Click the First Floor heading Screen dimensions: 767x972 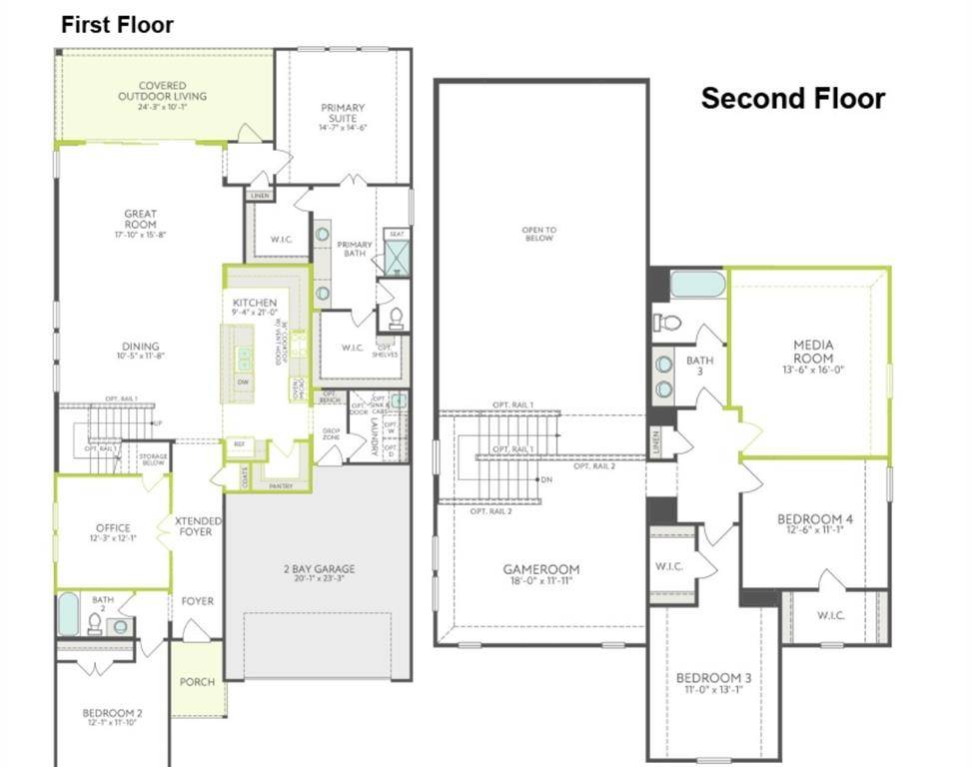point(117,25)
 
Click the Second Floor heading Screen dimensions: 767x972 point(792,99)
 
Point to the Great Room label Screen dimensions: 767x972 point(140,219)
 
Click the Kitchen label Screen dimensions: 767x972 point(255,303)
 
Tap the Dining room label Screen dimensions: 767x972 point(139,349)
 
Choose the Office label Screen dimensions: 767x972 point(113,528)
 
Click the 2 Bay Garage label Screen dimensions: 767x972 point(319,569)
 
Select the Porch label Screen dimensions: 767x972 point(197,682)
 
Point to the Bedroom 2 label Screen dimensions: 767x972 point(112,713)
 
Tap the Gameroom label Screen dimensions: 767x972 point(540,569)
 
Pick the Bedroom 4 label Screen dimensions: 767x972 point(815,520)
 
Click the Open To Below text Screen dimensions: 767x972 point(538,234)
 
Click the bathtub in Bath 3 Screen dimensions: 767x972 point(697,285)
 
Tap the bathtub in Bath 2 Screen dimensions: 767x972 point(68,613)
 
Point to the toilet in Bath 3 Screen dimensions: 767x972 point(667,323)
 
